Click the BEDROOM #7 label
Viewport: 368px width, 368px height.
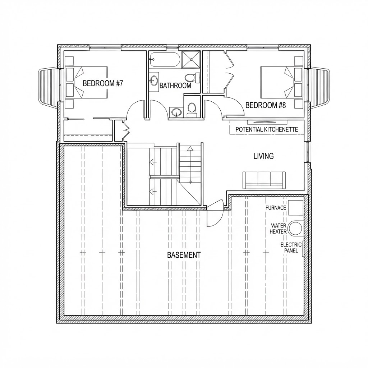tap(103, 83)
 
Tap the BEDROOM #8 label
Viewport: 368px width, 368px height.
tap(266, 105)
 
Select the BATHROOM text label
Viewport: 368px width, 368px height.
tap(175, 86)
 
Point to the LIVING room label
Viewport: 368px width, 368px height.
tap(263, 156)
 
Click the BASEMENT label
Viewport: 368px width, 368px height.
tap(184, 255)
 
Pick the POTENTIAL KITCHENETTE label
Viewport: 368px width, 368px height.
tap(267, 129)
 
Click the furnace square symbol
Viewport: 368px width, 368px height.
tap(295, 207)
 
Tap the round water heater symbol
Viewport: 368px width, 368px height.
tap(295, 228)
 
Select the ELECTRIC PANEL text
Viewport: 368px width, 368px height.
tap(291, 248)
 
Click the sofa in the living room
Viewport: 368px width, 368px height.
tap(264, 180)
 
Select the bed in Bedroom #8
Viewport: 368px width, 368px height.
tap(277, 83)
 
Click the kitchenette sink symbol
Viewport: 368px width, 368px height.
tap(267, 122)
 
